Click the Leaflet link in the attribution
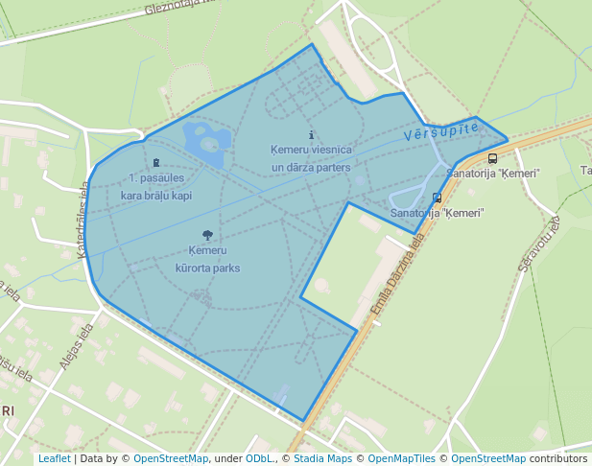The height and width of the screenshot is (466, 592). coord(54,459)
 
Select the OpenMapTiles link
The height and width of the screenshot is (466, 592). coord(403,459)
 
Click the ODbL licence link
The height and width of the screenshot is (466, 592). coord(257,459)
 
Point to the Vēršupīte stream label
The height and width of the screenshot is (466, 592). coord(440,132)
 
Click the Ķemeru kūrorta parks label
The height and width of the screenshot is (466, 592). coord(207,260)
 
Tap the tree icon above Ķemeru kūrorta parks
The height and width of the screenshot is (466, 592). coord(207,235)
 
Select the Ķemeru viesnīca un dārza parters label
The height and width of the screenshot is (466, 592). coord(311,158)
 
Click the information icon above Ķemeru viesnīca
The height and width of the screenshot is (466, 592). coord(311,136)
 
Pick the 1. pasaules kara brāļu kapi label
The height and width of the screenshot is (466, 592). coord(156,186)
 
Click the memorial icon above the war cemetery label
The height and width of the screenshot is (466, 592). coord(156,163)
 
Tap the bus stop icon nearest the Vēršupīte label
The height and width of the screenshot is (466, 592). coord(492,159)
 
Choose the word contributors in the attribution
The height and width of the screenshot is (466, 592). coord(558,459)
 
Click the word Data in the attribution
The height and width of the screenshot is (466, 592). coord(92,459)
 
